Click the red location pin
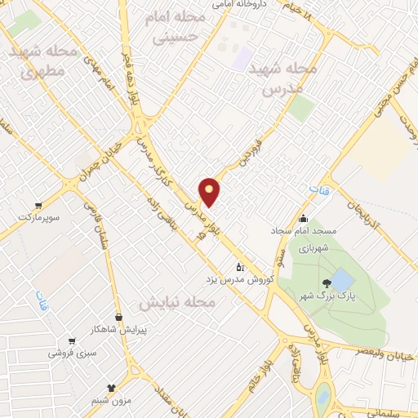click(x=210, y=191)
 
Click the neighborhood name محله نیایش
click(x=176, y=303)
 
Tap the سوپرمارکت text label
click(x=39, y=220)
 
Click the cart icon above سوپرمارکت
click(x=38, y=207)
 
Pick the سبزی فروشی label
click(x=73, y=354)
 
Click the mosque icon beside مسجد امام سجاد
click(x=304, y=219)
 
